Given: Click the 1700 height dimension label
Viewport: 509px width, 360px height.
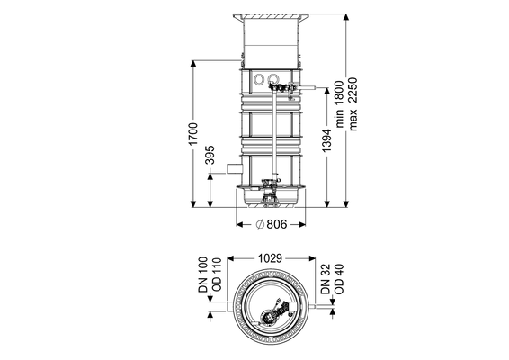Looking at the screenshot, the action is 193,133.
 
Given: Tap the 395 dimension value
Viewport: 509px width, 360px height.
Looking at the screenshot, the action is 210,155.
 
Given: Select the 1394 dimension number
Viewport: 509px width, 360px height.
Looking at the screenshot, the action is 326,140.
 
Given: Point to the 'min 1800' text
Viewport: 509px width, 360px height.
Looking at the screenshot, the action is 339,104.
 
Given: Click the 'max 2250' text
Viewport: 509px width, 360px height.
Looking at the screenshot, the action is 353,104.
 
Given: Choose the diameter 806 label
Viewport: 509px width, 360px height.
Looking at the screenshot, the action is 272,224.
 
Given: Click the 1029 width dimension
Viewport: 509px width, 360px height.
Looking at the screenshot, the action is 270,258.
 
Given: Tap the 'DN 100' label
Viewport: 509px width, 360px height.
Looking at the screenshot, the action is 202,274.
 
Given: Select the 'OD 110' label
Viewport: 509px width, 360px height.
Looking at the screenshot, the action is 216,274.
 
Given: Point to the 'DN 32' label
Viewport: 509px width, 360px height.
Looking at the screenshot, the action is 326,279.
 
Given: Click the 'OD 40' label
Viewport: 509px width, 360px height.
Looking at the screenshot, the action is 339,279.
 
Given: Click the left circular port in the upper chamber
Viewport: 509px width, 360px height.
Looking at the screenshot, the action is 259,79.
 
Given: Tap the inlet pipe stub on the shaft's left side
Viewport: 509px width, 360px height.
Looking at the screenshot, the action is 235,168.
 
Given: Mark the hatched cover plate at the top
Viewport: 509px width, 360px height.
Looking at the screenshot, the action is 271,16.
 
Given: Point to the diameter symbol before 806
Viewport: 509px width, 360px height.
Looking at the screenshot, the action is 260,224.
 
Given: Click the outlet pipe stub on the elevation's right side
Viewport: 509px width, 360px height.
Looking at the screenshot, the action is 308,87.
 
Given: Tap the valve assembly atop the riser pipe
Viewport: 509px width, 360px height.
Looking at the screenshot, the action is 282,88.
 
